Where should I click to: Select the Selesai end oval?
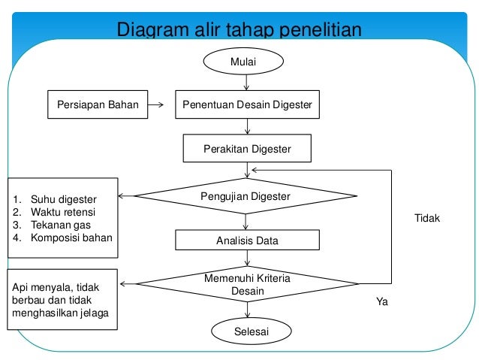point(247,331)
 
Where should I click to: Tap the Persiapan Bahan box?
point(93,105)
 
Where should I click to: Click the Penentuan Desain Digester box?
point(247,105)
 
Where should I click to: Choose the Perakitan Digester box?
point(247,149)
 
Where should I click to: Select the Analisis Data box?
point(247,241)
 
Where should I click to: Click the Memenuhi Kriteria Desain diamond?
point(247,284)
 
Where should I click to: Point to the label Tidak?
point(427,218)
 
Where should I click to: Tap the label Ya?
point(381,301)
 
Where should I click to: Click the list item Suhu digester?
point(63,200)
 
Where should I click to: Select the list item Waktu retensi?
point(63,213)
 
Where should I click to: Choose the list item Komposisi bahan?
point(71,238)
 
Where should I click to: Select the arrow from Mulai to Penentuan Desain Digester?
point(247,83)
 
